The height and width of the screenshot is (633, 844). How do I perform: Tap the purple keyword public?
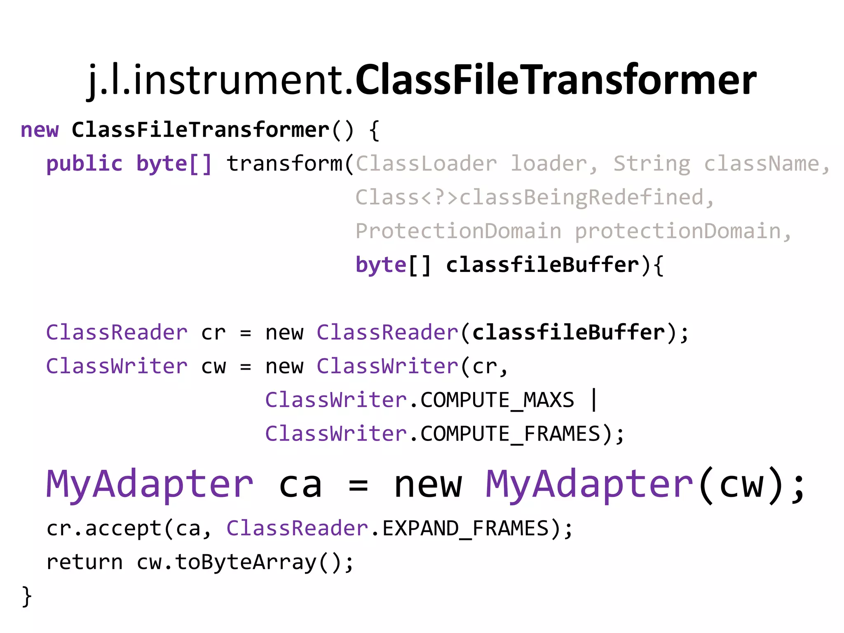[84, 164]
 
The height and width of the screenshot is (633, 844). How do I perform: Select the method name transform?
[284, 164]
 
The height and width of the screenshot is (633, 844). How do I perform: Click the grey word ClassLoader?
[426, 164]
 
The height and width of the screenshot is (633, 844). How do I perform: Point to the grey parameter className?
[761, 164]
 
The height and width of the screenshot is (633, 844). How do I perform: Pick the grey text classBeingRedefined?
[581, 197]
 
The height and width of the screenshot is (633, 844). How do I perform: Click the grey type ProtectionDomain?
[458, 231]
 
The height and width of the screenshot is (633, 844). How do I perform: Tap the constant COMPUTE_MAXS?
[497, 400]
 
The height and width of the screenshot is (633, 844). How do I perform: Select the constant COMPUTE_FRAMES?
[510, 434]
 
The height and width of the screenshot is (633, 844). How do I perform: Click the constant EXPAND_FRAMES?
[466, 529]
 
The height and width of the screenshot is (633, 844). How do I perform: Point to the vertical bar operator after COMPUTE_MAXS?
[594, 400]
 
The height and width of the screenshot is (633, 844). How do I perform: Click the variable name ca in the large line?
[300, 485]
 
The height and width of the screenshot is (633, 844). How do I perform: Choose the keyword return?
[84, 563]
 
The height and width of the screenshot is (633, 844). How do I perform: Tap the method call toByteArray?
[246, 563]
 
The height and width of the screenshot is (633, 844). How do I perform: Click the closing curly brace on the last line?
[26, 596]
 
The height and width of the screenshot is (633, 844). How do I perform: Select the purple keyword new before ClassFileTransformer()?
[40, 130]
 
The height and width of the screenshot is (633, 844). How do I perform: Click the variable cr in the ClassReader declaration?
[213, 333]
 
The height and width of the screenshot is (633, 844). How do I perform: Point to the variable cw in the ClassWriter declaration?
[213, 366]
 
